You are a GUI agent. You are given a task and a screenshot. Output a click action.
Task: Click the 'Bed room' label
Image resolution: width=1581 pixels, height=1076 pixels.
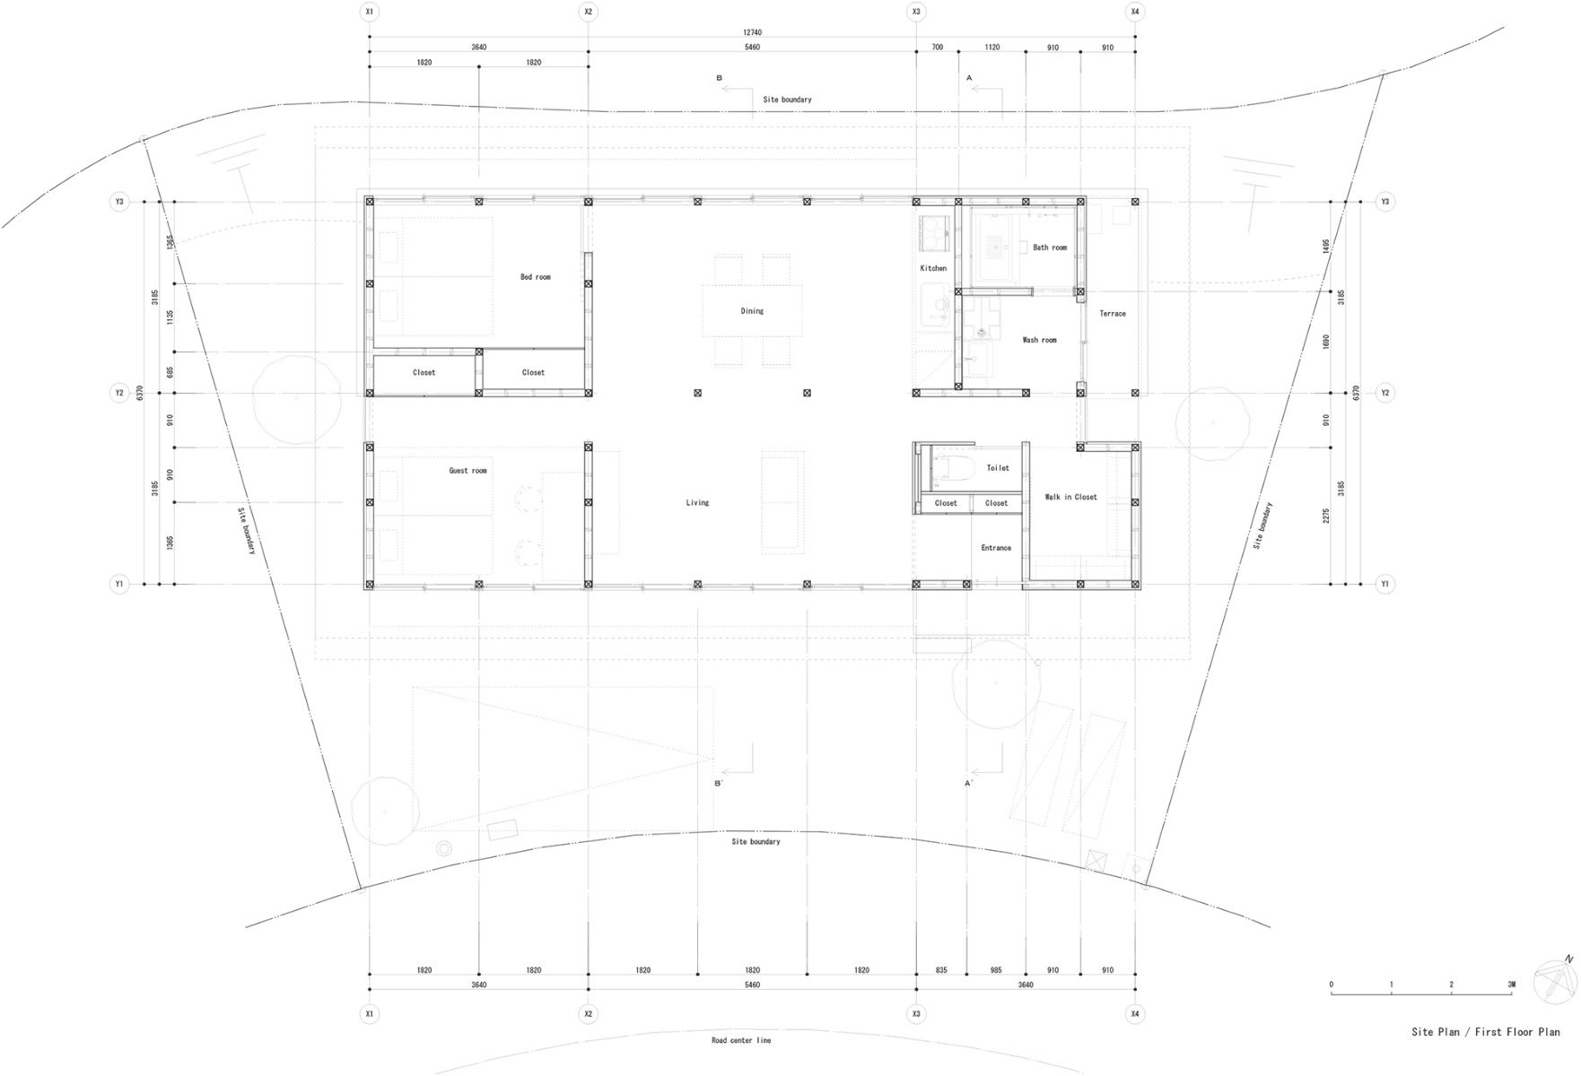536,277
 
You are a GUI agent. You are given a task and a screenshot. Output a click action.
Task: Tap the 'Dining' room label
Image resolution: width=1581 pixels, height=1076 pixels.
752,311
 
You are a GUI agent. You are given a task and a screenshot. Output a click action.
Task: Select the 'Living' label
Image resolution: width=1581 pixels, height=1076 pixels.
697,503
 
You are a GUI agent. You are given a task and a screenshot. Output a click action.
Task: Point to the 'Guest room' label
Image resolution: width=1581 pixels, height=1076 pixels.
467,471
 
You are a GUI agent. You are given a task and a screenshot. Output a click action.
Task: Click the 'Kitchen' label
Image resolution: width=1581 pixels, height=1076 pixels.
933,268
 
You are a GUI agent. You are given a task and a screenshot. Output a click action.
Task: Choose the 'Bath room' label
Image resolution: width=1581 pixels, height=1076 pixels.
1050,247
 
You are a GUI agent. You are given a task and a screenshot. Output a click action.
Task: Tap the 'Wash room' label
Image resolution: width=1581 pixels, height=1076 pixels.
1039,340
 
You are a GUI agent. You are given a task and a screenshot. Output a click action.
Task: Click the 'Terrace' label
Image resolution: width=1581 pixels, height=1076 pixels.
1113,314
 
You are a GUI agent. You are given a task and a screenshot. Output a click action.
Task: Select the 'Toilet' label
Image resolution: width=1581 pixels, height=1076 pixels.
998,468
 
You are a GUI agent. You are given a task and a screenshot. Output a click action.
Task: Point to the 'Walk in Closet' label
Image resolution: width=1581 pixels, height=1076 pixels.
1070,497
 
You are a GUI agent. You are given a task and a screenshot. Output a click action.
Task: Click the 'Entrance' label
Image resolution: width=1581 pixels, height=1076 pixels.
996,548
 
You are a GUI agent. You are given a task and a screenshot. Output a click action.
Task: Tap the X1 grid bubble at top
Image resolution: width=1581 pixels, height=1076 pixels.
369,12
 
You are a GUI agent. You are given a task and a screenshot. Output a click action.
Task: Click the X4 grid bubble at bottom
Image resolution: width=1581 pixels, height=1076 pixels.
1135,1014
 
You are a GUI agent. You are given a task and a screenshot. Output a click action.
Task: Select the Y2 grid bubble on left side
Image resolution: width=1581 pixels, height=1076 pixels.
119,393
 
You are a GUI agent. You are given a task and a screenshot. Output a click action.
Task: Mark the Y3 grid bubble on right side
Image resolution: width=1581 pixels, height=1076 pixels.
1384,202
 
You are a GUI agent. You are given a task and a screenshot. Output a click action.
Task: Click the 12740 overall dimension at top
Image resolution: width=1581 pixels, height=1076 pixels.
752,32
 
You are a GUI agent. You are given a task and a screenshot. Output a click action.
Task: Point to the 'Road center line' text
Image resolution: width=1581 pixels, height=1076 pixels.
741,1040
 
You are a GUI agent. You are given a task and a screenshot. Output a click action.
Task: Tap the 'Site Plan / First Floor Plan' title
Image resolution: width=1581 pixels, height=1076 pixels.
1485,1032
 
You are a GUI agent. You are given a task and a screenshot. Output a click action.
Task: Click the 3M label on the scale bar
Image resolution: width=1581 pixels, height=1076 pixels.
1511,985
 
